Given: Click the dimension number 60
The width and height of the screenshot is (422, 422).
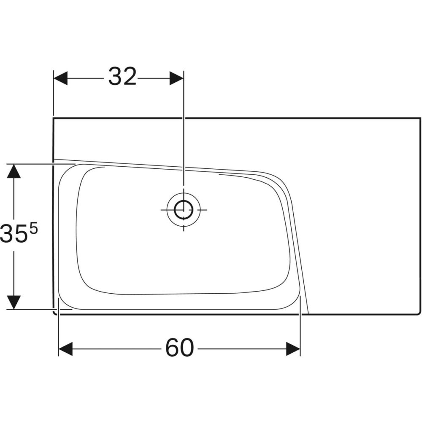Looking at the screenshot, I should click(179, 349).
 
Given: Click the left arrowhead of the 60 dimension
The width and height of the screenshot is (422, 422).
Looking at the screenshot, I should click(65, 349).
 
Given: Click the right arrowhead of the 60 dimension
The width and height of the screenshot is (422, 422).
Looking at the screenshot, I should click(293, 349).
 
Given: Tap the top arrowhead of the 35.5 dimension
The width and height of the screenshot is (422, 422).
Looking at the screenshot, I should click(14, 171).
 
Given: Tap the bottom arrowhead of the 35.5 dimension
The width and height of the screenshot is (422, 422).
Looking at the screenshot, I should click(14, 302).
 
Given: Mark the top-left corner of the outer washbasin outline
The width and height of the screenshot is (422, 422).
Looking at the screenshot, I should click(54, 119).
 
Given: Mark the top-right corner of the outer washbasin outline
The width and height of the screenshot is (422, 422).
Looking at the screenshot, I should click(420, 119).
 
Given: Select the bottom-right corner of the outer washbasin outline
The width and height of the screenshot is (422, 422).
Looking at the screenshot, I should click(419, 314).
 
